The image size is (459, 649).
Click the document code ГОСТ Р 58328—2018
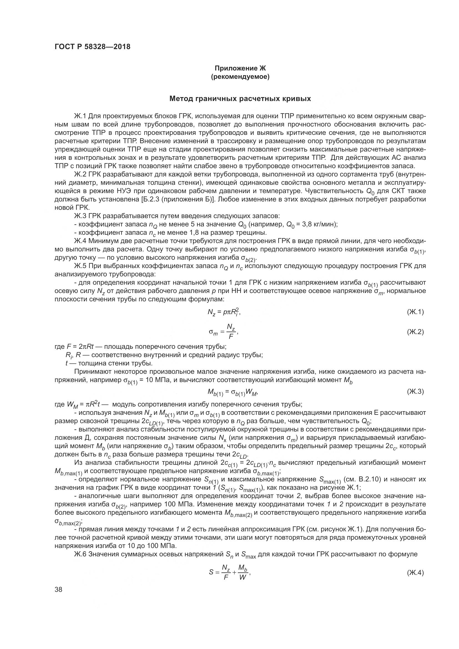tap(92, 47)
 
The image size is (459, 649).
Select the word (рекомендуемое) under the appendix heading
tap(240, 77)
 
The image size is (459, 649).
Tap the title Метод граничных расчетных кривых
tap(240, 99)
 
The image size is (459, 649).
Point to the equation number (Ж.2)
tap(415, 332)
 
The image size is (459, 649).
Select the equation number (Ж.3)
tap(415, 392)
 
